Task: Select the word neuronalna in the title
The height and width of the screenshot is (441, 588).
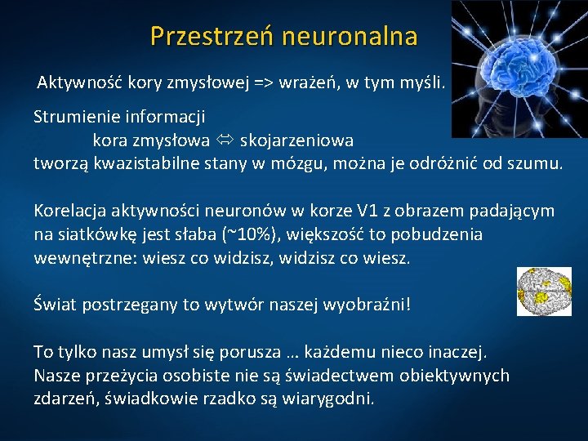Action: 350,37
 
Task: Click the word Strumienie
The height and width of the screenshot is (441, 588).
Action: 74,117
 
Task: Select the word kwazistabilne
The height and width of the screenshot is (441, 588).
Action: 139,163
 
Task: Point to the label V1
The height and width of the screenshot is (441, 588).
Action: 367,211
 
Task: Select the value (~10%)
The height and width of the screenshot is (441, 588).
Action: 249,234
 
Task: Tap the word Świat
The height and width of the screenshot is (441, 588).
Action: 53,305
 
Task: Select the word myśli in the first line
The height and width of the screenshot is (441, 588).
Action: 420,82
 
